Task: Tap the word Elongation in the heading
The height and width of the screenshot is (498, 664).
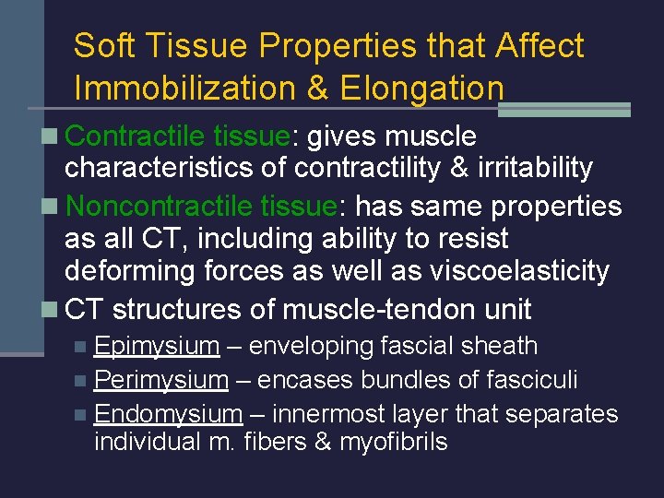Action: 421,89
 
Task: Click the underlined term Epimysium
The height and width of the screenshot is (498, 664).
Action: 157,347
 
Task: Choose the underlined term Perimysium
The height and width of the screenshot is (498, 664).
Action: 160,380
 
